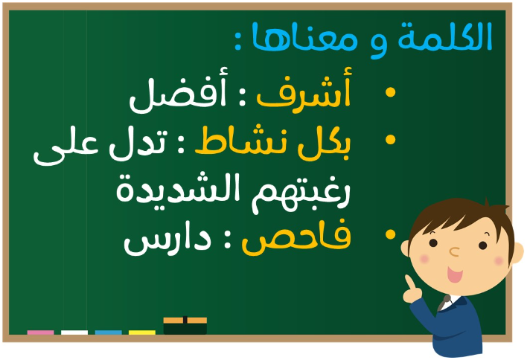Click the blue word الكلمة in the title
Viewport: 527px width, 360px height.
(445, 37)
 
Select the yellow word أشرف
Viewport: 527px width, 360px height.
(304, 89)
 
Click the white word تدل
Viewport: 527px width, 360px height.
(138, 145)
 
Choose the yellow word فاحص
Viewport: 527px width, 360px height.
(296, 237)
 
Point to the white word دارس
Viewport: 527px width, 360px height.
(167, 240)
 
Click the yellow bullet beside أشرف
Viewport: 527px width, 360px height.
(390, 92)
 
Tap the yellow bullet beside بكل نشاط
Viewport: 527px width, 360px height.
(390, 140)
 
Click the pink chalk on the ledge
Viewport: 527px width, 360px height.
(40, 332)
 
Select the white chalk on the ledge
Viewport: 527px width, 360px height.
(74, 332)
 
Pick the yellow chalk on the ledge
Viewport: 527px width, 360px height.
(142, 332)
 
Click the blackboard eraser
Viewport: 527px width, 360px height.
(185, 325)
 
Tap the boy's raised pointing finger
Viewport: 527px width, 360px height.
(409, 281)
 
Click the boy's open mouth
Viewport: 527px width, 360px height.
(454, 274)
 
